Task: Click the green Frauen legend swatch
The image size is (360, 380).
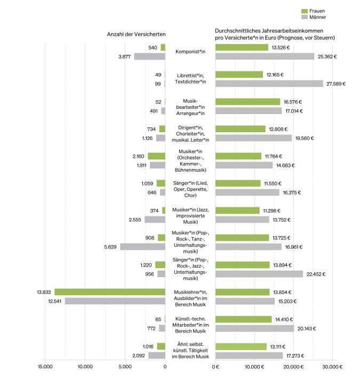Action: [x=305, y=11]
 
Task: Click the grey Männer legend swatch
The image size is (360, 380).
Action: [x=305, y=18]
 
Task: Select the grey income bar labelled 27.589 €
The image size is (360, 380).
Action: [x=269, y=84]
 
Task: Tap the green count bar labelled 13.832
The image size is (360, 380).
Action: [x=110, y=292]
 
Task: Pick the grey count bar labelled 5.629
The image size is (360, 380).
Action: [x=142, y=247]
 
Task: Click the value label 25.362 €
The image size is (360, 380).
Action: [x=327, y=56]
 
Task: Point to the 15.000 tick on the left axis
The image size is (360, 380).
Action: [x=44, y=367]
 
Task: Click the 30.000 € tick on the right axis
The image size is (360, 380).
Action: [x=332, y=367]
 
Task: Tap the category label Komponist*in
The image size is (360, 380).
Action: [x=190, y=52]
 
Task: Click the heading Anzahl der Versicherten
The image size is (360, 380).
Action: [x=137, y=35]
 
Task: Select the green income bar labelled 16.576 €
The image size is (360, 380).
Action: [x=247, y=102]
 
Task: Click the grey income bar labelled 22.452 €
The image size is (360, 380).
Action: [x=259, y=274]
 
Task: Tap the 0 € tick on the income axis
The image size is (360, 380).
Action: [x=215, y=367]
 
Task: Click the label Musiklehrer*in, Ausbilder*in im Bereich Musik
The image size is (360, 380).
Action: [x=190, y=296]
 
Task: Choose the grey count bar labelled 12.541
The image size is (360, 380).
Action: [x=115, y=301]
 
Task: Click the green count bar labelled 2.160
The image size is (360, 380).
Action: [x=156, y=156]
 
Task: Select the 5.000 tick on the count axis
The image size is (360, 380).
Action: [x=125, y=367]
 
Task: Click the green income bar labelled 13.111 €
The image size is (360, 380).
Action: [x=241, y=346]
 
